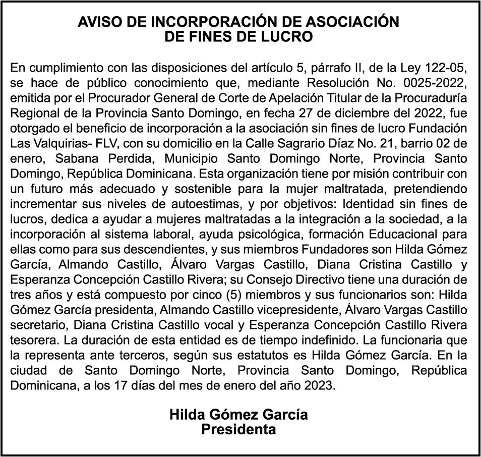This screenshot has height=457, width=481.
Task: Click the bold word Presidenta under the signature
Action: click(238, 430)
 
